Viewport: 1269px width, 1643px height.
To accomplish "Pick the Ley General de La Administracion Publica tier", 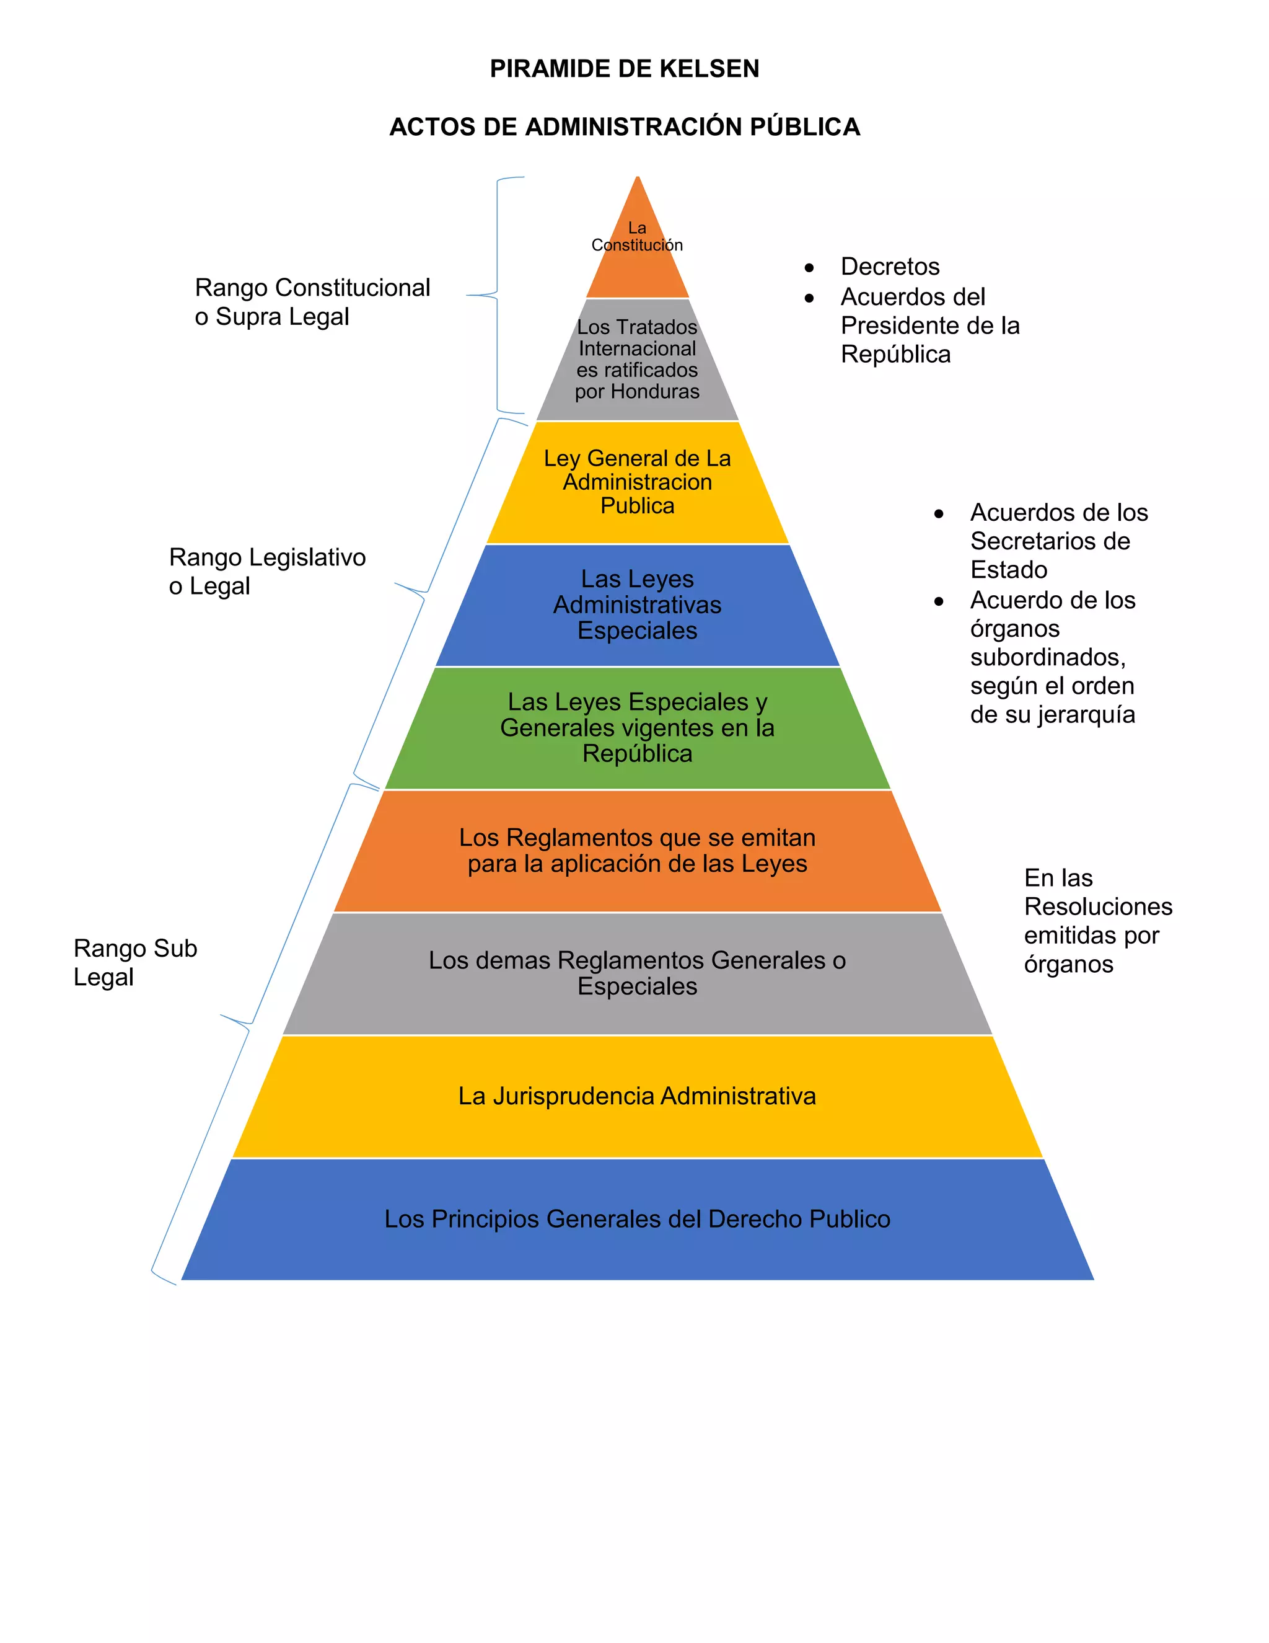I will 638,482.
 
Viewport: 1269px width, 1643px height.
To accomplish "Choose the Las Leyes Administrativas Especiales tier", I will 638,605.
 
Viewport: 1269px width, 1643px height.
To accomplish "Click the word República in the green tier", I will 638,754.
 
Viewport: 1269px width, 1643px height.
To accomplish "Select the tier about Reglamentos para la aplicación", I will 638,851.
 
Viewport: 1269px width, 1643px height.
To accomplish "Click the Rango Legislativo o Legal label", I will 267,572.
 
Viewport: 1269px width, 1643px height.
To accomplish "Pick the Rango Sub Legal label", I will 135,962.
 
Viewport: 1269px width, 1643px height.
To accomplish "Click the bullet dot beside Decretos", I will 809,268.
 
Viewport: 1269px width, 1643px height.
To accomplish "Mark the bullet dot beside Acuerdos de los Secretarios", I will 938,515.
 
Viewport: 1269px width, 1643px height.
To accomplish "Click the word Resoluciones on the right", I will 1097,906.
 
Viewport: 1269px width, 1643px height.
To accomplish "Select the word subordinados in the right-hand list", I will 1047,657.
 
